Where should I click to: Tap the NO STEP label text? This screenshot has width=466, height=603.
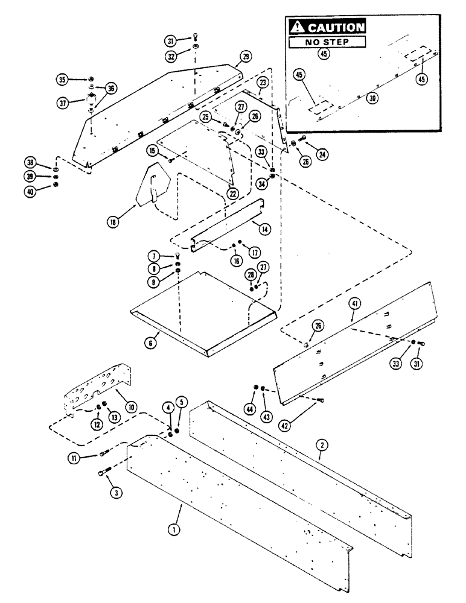(x=327, y=43)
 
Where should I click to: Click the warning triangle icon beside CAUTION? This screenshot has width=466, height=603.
(x=297, y=27)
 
